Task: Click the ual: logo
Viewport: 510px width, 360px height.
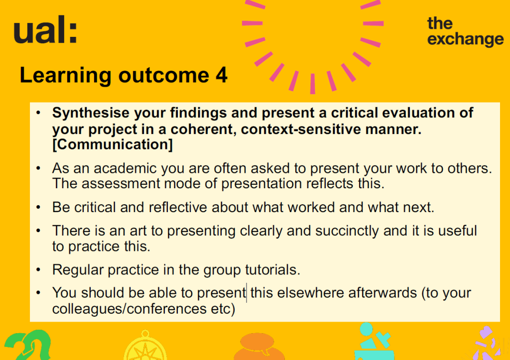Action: pyautogui.click(x=45, y=30)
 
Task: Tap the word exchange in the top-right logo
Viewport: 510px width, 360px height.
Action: pyautogui.click(x=466, y=40)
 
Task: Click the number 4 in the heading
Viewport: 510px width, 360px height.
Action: pyautogui.click(x=221, y=75)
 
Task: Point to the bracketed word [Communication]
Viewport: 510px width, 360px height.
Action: pyautogui.click(x=113, y=144)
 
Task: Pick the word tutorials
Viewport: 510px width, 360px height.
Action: pyautogui.click(x=272, y=270)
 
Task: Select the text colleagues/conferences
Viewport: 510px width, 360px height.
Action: pyautogui.click(x=129, y=309)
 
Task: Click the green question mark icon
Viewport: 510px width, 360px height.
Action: pyautogui.click(x=28, y=346)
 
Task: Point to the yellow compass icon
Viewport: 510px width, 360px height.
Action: pyautogui.click(x=145, y=346)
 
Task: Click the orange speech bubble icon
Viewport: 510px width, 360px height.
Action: pyautogui.click(x=259, y=347)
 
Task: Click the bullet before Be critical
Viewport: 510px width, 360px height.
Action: pyautogui.click(x=38, y=207)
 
